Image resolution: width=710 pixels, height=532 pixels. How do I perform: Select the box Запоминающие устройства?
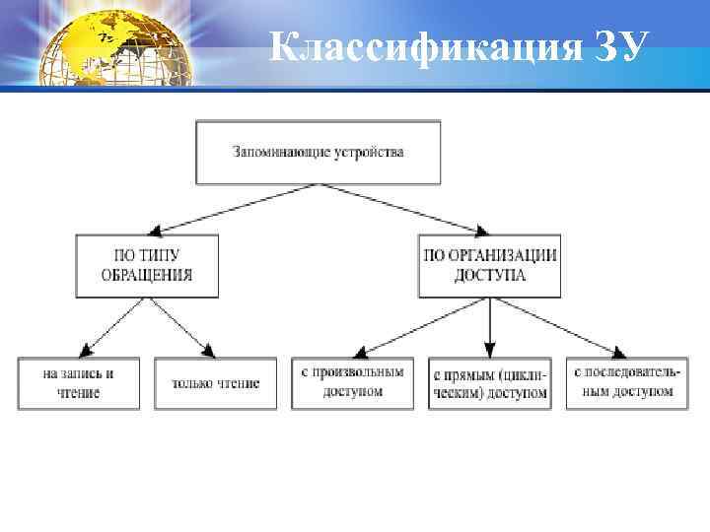click(319, 153)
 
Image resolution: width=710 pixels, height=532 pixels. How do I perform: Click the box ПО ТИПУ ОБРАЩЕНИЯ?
click(147, 265)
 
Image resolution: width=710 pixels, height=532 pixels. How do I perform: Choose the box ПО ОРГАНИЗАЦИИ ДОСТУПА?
click(490, 265)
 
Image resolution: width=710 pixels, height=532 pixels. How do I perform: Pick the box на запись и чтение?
click(79, 383)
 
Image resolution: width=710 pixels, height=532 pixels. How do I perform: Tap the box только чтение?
click(216, 383)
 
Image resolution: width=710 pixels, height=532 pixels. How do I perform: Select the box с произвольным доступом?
click(352, 383)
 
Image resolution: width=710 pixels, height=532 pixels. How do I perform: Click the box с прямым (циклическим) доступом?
click(490, 383)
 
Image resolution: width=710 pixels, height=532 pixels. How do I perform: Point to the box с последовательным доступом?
click(626, 383)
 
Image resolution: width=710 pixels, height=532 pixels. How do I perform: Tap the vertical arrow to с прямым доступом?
click(490, 326)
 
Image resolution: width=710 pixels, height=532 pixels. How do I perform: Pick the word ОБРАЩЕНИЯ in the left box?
click(147, 276)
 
